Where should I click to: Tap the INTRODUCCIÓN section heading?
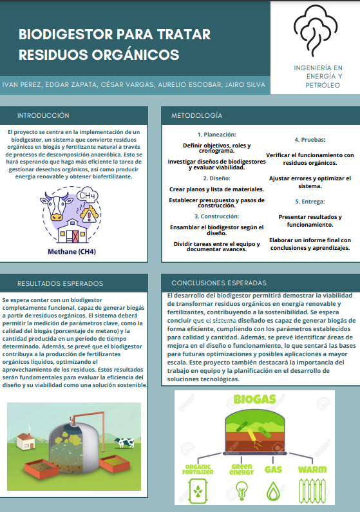pyautogui.click(x=43, y=116)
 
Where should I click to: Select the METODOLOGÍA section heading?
pyautogui.click(x=196, y=116)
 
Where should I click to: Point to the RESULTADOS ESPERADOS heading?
pyautogui.click(x=60, y=283)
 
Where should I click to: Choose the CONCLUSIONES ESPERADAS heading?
pyautogui.click(x=218, y=283)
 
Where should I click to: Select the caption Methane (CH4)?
pyautogui.click(x=72, y=251)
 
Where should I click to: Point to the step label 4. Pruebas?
pyautogui.click(x=310, y=140)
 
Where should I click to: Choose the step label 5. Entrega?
pyautogui.click(x=310, y=202)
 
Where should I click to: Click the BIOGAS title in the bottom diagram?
pyautogui.click(x=256, y=400)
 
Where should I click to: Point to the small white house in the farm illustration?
pyautogui.click(x=24, y=442)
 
